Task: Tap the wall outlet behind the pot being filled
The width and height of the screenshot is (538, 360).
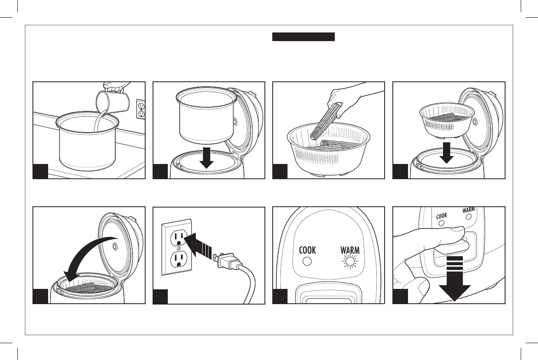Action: click(141, 109)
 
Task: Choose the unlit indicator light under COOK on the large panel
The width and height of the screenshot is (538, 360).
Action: click(306, 261)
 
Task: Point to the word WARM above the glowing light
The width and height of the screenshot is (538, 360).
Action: click(350, 250)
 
